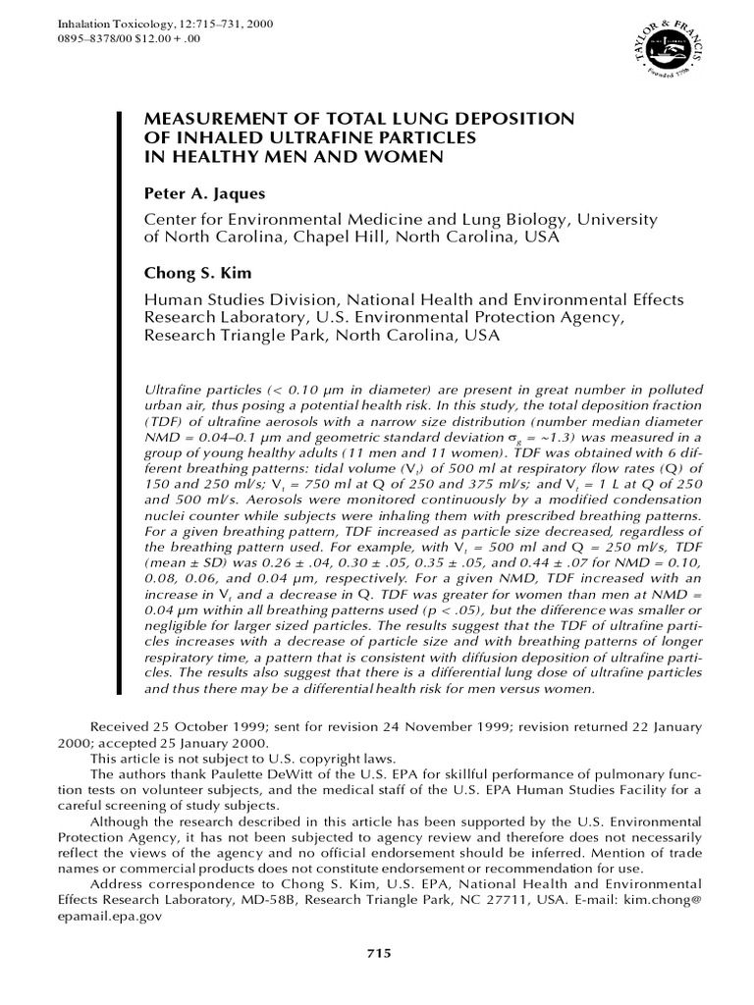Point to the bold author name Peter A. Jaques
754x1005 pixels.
204,194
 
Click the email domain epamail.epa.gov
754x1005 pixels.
108,915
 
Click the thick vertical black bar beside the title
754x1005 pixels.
121,393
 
